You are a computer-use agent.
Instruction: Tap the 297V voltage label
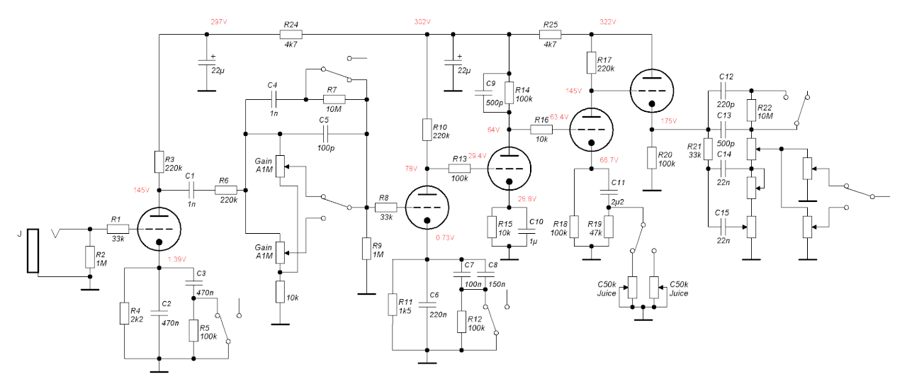click(x=219, y=22)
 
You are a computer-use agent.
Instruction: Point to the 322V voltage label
click(x=609, y=22)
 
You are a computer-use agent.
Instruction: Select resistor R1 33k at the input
click(x=118, y=229)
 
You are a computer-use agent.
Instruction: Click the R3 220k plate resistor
click(x=159, y=162)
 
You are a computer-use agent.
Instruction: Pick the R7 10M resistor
click(x=334, y=99)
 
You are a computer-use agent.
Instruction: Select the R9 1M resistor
click(x=366, y=249)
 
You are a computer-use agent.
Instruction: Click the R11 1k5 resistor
click(x=393, y=305)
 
